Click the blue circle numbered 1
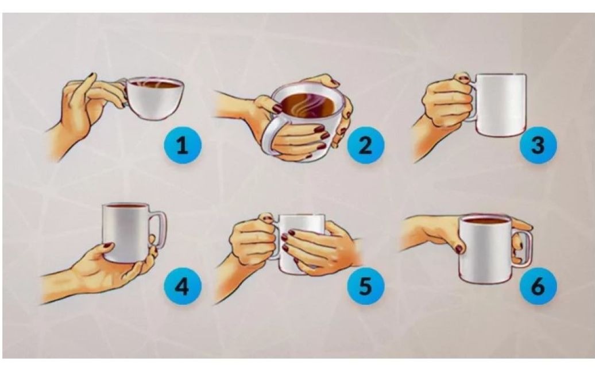click(x=183, y=145)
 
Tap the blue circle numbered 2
click(x=365, y=145)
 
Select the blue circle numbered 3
click(x=538, y=145)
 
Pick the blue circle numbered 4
click(x=183, y=286)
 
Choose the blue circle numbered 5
click(x=365, y=286)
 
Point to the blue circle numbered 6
click(x=538, y=286)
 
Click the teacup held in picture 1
click(x=154, y=98)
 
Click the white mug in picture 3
click(x=499, y=105)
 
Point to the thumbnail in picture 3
click(x=463, y=79)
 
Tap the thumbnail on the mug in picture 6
click(x=459, y=249)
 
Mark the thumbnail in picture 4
click(x=107, y=245)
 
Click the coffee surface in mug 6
click(x=486, y=220)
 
